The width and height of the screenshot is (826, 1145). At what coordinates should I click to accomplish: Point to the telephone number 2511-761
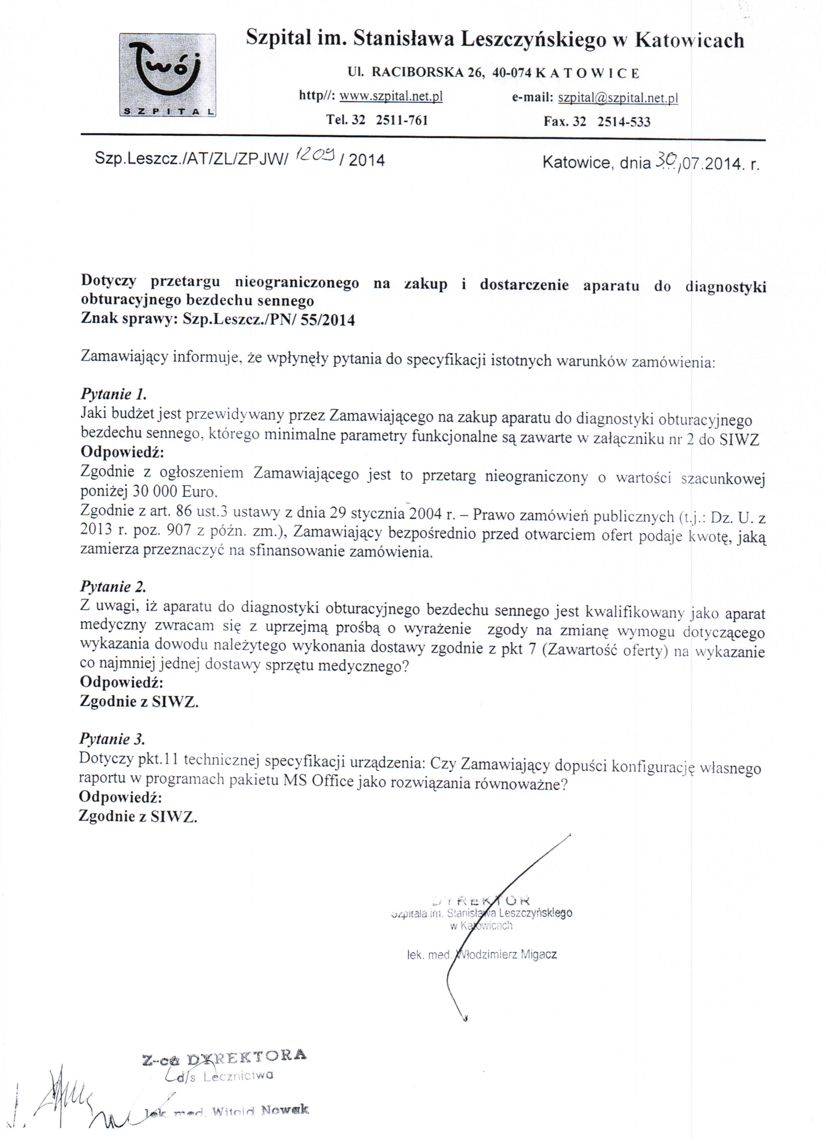click(x=402, y=120)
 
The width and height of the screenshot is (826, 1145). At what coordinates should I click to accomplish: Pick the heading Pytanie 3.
click(x=112, y=739)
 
